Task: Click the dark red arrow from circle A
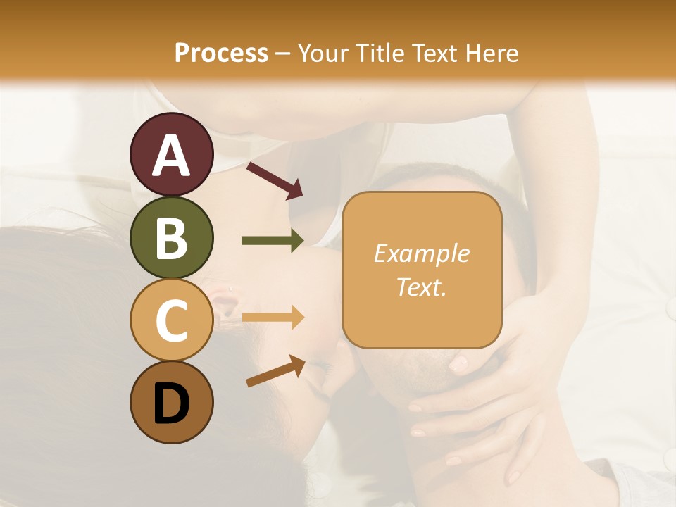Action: click(x=275, y=179)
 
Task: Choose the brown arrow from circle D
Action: click(x=275, y=370)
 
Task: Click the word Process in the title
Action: click(x=221, y=53)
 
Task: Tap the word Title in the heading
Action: click(x=381, y=53)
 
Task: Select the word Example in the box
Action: click(x=421, y=254)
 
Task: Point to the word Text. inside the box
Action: click(x=421, y=287)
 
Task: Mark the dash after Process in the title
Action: click(x=283, y=54)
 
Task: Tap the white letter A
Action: click(x=172, y=155)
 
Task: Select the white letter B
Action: click(x=172, y=237)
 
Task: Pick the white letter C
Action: click(x=172, y=321)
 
